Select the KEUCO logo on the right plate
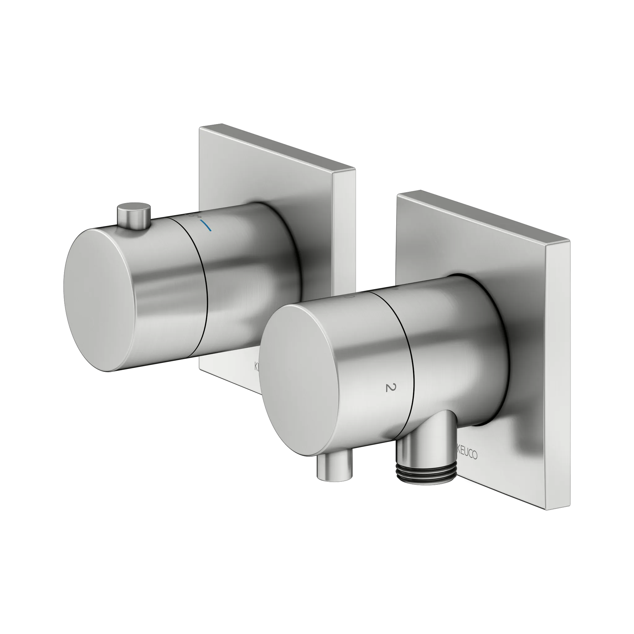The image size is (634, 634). click(466, 454)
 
